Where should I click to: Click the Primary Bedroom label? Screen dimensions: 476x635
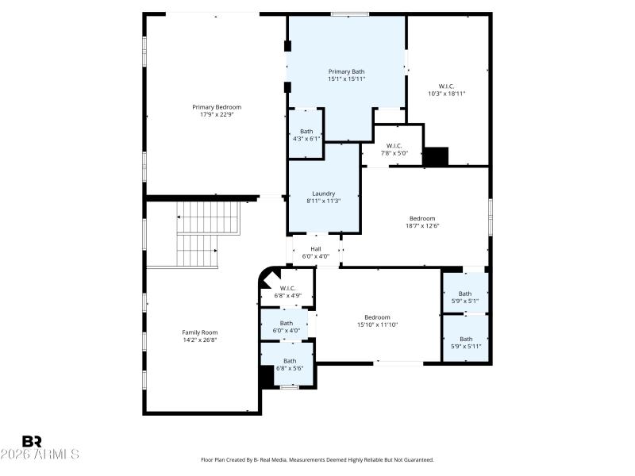(217, 107)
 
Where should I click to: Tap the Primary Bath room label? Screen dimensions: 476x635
(347, 71)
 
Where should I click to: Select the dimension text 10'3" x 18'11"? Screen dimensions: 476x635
(446, 94)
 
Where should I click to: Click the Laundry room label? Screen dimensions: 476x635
(323, 194)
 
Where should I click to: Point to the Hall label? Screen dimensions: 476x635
(316, 249)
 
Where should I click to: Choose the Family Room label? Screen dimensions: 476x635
(199, 332)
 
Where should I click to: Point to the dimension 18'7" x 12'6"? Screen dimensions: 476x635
(422, 225)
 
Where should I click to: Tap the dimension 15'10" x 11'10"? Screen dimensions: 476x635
(377, 324)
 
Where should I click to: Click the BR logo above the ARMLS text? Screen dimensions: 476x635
(32, 441)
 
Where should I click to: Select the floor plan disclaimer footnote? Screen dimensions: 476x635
(317, 459)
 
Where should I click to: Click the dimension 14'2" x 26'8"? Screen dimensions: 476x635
(199, 340)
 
